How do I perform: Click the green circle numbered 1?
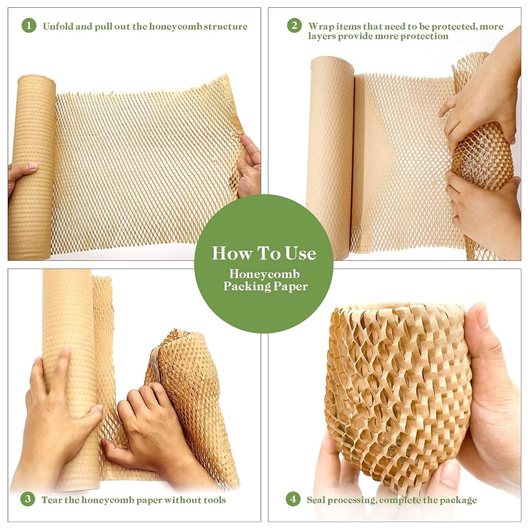click(29, 26)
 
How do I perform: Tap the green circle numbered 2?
click(294, 26)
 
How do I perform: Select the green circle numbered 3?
click(28, 499)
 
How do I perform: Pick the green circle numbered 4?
click(293, 499)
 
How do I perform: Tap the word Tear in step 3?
click(52, 500)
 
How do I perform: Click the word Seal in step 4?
click(316, 500)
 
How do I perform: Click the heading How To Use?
click(264, 253)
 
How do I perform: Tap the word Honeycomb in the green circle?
click(264, 274)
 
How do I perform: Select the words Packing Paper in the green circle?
click(265, 286)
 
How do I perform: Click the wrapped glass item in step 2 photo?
click(482, 157)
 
